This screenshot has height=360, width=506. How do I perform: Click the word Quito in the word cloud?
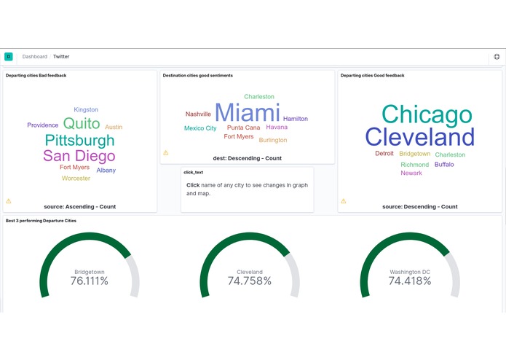pos(82,123)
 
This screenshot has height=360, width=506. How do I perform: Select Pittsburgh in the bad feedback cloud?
pos(79,140)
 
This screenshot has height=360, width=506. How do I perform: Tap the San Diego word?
pos(79,155)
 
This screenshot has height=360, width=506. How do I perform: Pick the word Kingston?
pos(86,110)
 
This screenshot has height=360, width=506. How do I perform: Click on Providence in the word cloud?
pos(43,125)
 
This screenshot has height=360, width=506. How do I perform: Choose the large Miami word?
pos(248,113)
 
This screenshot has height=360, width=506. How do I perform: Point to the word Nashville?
pos(198,114)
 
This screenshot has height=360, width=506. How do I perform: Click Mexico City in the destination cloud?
pos(200,128)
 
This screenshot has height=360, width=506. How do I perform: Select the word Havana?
pos(277,128)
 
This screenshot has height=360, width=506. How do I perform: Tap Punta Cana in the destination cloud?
pos(243,128)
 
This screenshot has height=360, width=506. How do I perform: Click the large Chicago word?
pos(427,114)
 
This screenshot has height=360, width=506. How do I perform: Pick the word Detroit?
pos(384,154)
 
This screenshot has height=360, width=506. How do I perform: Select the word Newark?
pos(411,173)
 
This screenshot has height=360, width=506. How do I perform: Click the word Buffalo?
pos(444,165)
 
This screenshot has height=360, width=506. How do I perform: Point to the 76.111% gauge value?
pos(90,281)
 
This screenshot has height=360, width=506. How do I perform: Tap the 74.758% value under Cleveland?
pos(250,281)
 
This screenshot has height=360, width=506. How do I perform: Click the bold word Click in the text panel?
pos(193,185)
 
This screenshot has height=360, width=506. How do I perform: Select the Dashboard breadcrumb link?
pos(34,56)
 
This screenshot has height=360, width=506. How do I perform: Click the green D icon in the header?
pos(9,56)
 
